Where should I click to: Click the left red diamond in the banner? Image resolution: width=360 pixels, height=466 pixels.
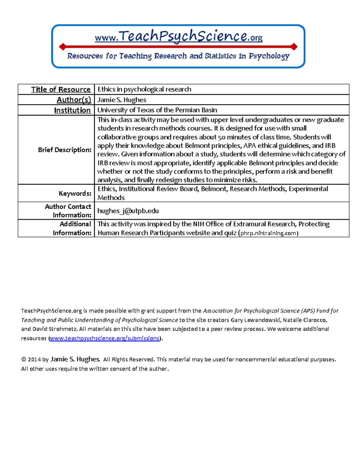click(x=63, y=47)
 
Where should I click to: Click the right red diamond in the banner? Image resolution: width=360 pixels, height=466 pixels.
click(x=294, y=47)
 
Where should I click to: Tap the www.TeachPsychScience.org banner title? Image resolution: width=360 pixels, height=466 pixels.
click(x=178, y=37)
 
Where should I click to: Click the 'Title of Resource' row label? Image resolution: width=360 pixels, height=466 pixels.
click(x=61, y=89)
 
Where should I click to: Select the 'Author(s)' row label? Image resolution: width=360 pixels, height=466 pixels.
click(x=74, y=100)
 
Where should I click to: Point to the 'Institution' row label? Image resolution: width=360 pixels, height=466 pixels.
click(x=72, y=110)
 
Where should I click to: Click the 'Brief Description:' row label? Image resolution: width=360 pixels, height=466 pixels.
click(x=64, y=150)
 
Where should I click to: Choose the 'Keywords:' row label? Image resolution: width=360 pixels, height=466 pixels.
click(x=75, y=194)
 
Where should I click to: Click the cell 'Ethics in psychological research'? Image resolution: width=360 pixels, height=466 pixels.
click(x=144, y=89)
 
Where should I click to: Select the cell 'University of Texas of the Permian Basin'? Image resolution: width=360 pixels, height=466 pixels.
click(x=157, y=110)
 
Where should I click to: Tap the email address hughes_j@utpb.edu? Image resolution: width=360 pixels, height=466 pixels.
click(x=128, y=211)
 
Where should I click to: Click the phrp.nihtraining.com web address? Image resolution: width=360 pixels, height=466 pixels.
click(x=268, y=233)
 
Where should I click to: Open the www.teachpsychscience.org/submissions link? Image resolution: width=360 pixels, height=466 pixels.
click(x=104, y=338)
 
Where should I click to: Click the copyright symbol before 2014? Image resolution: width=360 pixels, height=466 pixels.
click(x=24, y=359)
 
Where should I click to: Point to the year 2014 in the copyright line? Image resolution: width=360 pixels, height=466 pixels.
click(x=34, y=359)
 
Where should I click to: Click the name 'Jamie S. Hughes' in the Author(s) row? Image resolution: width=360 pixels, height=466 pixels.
click(x=122, y=100)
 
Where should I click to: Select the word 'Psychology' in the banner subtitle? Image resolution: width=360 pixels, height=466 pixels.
click(x=269, y=56)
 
